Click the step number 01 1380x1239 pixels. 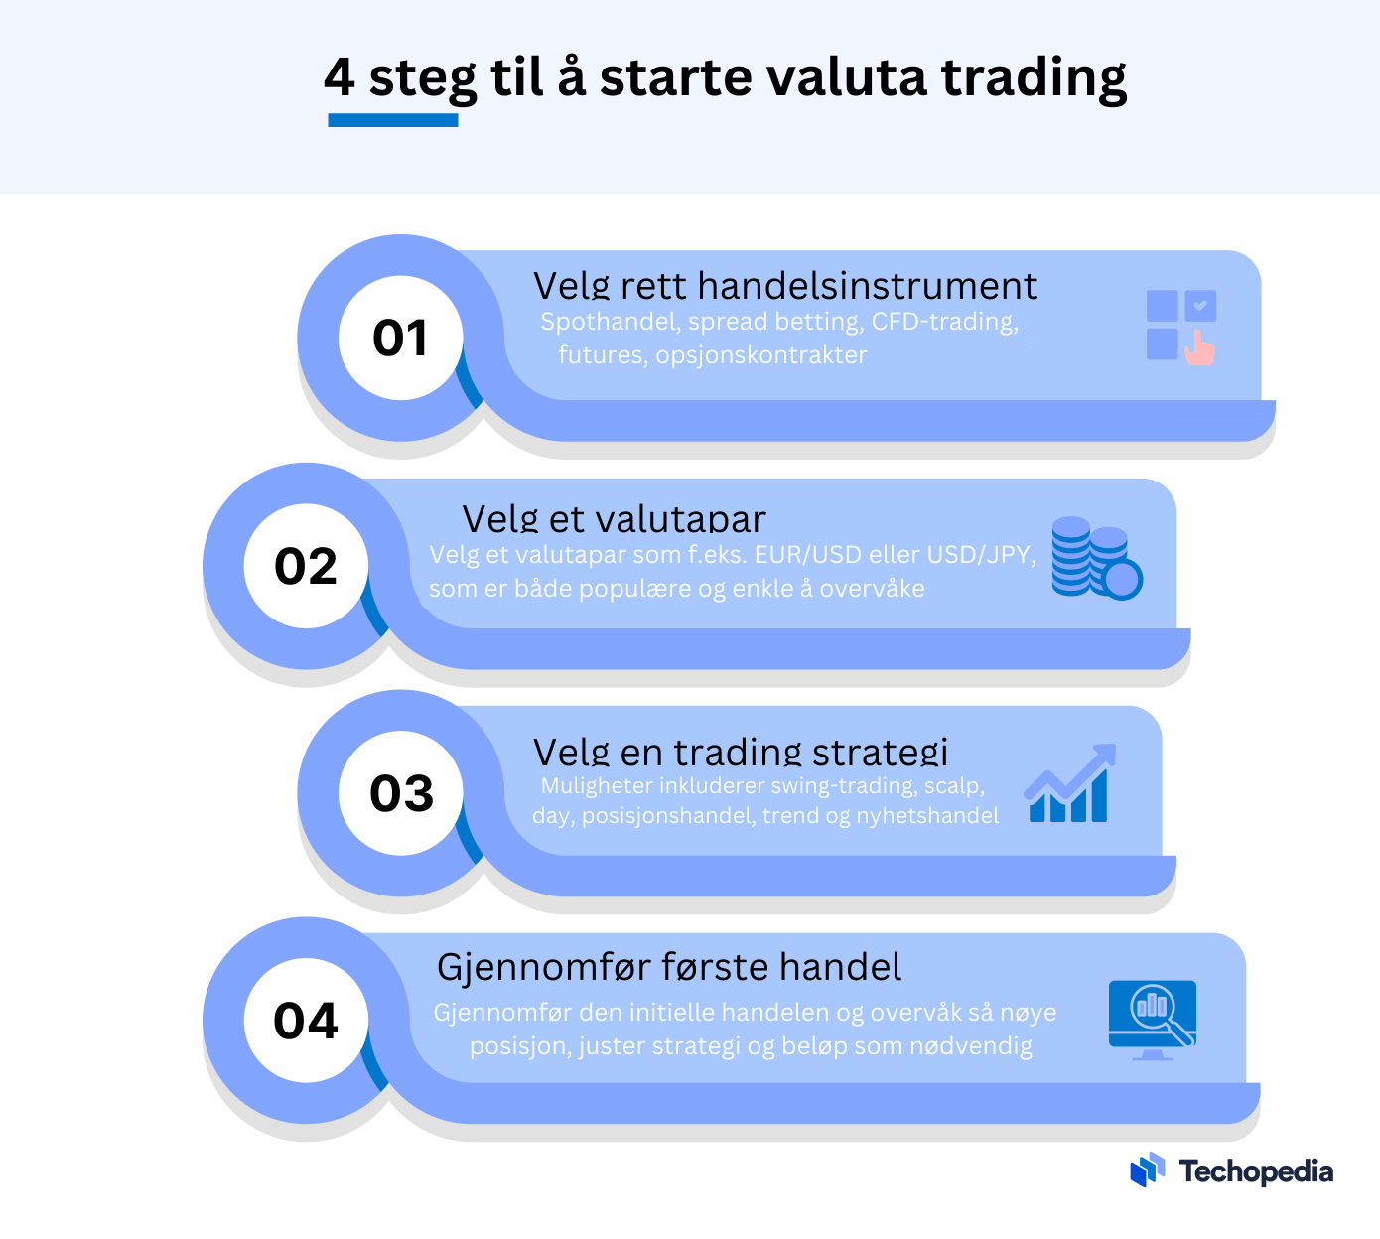[x=400, y=338]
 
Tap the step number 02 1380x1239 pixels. [x=305, y=566]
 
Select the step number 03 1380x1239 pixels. [x=401, y=793]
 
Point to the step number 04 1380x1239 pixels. [x=305, y=1021]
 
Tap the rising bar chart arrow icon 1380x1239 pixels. [x=1070, y=783]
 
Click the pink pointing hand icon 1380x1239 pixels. [x=1199, y=348]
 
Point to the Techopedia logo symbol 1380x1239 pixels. [x=1147, y=1170]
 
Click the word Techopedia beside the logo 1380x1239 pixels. [x=1256, y=1171]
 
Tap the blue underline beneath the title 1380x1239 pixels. [x=392, y=120]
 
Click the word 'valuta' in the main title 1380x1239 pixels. [x=846, y=77]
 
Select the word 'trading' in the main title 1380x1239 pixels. [x=1034, y=80]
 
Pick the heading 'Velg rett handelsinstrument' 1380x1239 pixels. [x=784, y=285]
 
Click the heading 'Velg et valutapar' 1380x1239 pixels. [x=614, y=518]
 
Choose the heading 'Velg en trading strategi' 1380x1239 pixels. [x=741, y=752]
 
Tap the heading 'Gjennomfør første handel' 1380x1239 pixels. [x=669, y=967]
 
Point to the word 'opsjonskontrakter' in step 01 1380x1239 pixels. [x=760, y=355]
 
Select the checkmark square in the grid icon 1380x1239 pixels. [x=1200, y=305]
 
